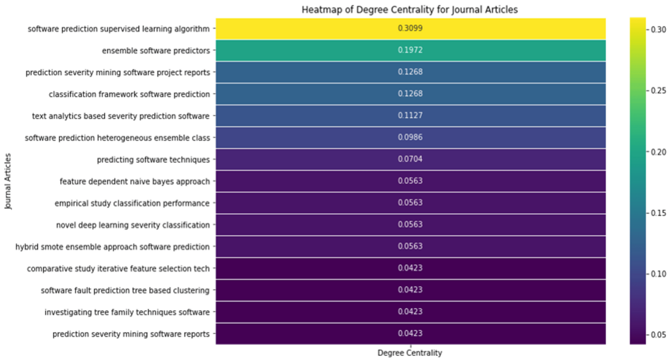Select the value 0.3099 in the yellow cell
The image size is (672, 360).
410,29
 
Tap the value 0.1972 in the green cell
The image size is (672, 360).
410,50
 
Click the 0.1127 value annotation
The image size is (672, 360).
410,116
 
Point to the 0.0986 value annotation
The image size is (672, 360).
410,138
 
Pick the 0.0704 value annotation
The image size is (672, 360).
410,160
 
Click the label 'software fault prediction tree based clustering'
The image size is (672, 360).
125,290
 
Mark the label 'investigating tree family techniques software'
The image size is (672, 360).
127,312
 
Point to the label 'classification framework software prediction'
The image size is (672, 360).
129,94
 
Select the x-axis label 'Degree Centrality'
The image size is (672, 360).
410,353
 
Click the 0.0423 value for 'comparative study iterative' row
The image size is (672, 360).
410,268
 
